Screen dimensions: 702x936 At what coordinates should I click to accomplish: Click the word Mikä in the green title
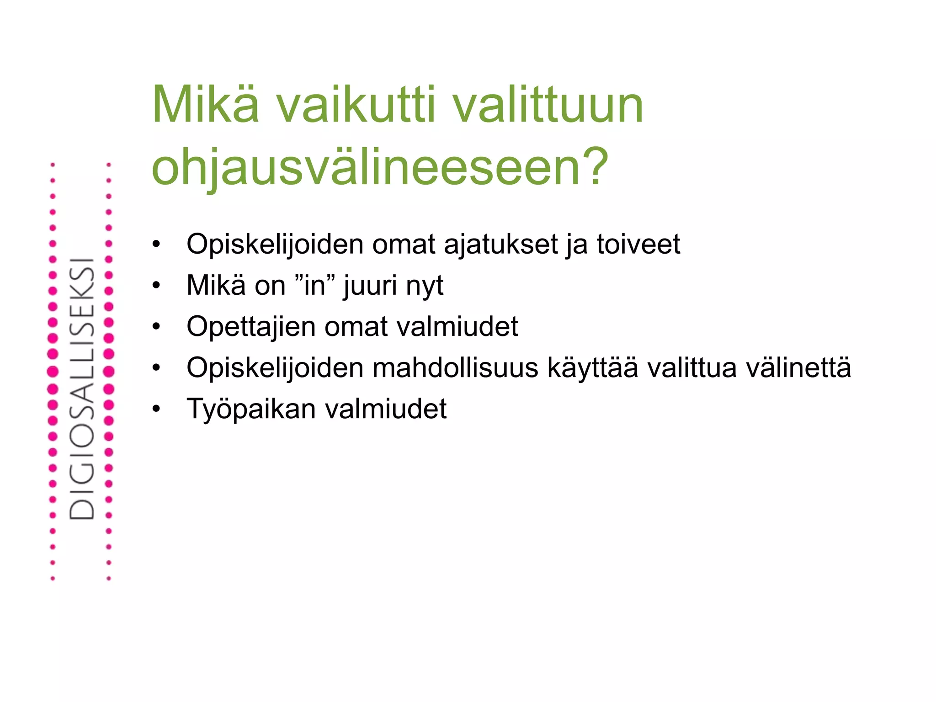click(x=205, y=105)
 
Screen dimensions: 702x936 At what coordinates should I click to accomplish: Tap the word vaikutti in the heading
click(x=356, y=105)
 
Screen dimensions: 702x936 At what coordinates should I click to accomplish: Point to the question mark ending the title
click(x=593, y=167)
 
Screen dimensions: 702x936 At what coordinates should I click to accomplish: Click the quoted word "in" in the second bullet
click(x=315, y=285)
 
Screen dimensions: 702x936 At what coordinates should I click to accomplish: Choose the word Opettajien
click(x=251, y=326)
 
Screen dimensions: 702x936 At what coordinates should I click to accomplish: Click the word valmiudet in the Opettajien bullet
click(x=457, y=326)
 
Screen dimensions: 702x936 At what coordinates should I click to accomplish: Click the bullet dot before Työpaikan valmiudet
click(x=156, y=409)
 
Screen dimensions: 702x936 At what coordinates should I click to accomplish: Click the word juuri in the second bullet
click(x=370, y=286)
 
